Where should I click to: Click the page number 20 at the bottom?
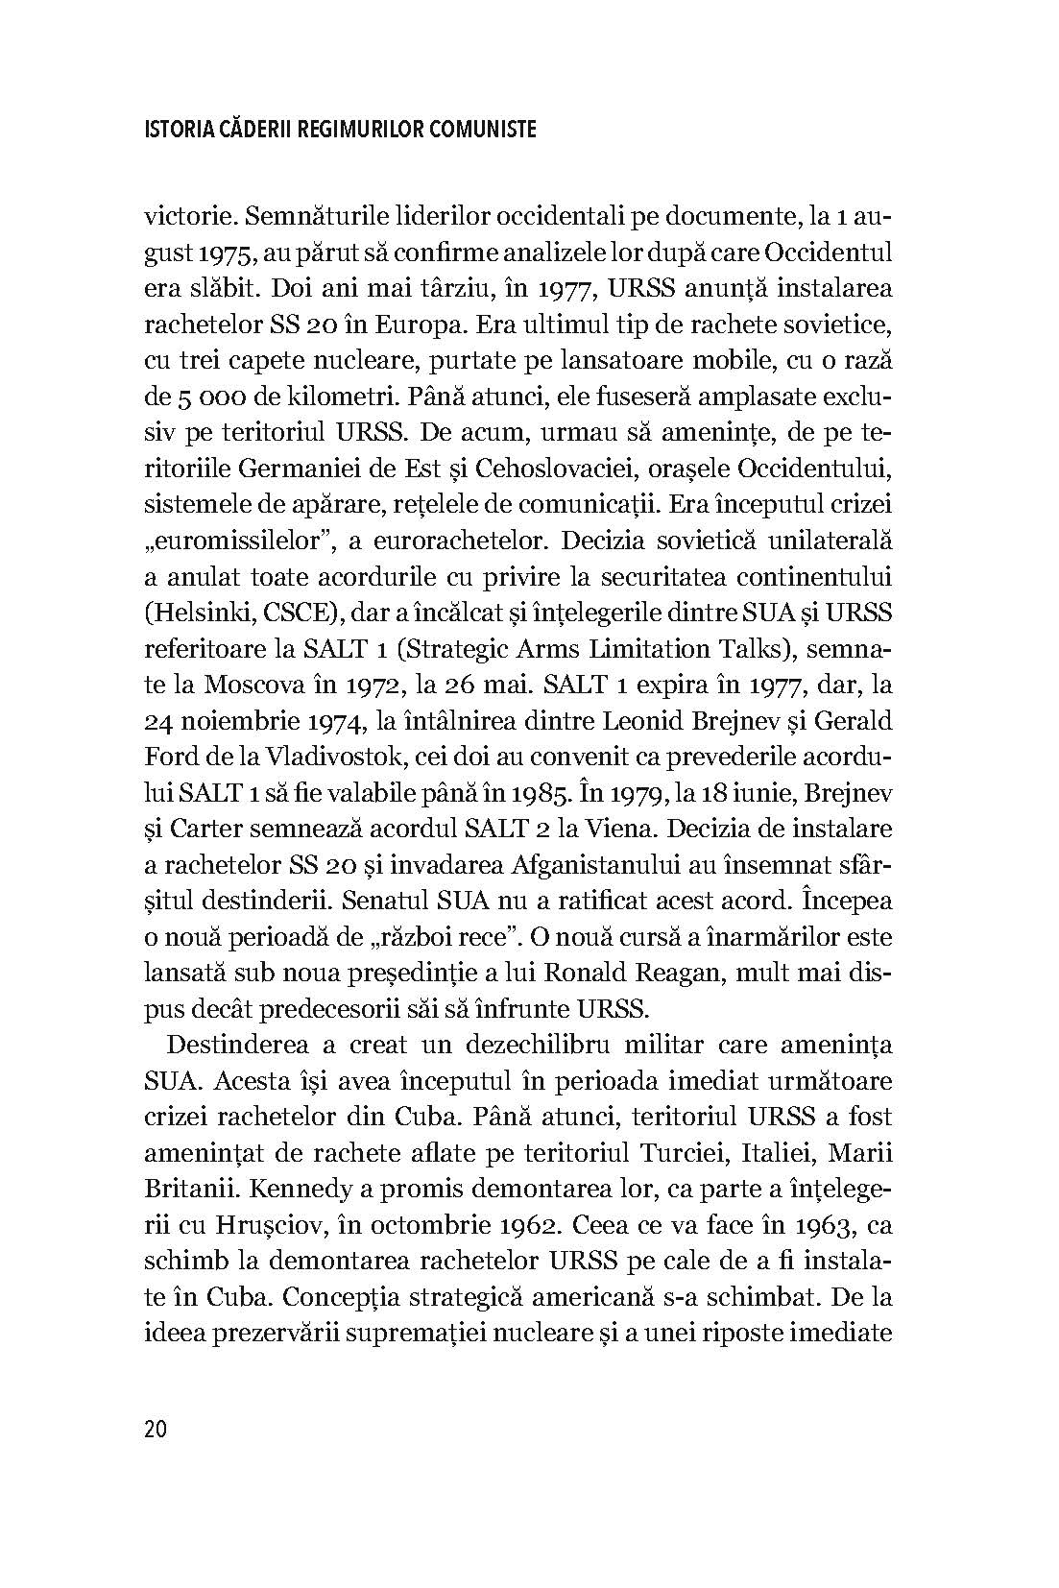point(156,1429)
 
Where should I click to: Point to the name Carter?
point(218,829)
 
